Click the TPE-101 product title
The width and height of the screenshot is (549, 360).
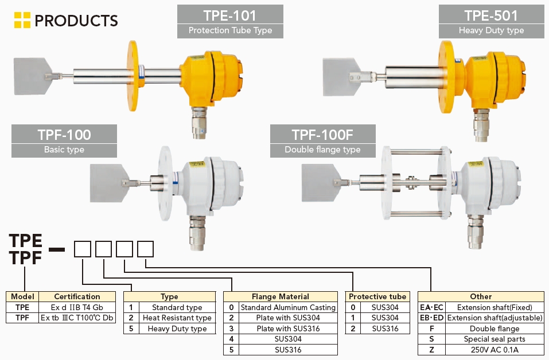coord(230,15)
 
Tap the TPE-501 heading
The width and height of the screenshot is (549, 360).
coord(491,15)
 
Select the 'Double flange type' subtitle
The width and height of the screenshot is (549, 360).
coord(322,150)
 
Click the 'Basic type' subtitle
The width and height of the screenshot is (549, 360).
coord(64,150)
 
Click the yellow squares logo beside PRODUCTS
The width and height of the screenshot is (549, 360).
coord(22,20)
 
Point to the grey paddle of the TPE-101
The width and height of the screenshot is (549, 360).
coord(31,76)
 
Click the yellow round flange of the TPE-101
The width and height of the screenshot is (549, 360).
coord(133,76)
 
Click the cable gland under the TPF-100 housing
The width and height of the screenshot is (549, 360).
coord(198,233)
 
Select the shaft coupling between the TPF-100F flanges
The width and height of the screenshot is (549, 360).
coord(412,182)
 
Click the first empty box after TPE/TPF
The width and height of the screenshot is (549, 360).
coord(83,249)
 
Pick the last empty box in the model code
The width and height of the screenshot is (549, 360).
coord(145,249)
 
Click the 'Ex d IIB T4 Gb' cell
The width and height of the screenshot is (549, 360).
coord(77,307)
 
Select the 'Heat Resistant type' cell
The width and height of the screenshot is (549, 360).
coord(177,318)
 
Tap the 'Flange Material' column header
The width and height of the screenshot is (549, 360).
coord(281,297)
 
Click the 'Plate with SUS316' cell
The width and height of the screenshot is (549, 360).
coord(288,328)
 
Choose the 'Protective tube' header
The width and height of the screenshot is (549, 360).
coord(377,297)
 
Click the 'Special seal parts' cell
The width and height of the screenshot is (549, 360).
coord(495,339)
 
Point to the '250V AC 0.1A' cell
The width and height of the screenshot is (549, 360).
coord(495,350)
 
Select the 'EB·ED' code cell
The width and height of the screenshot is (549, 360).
coord(432,318)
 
